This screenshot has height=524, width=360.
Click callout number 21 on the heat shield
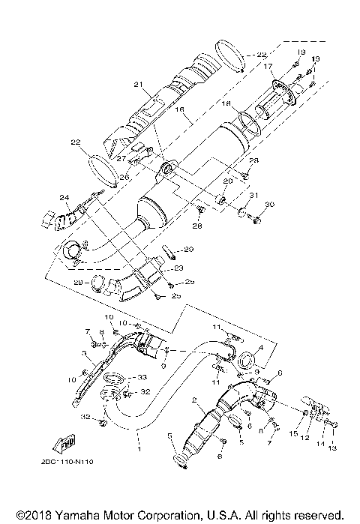[x=138, y=84]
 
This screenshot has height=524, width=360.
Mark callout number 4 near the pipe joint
[x=260, y=348]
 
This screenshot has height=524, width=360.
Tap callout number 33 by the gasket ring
[x=141, y=376]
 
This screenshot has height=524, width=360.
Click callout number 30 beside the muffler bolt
[x=270, y=205]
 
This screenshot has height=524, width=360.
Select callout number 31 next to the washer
[x=253, y=196]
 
